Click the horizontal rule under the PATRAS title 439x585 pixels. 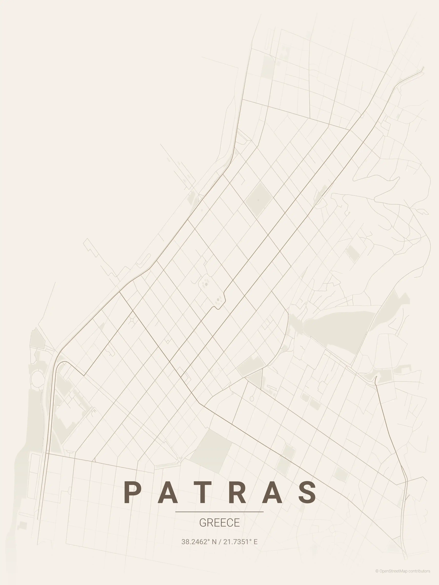click(x=219, y=512)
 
